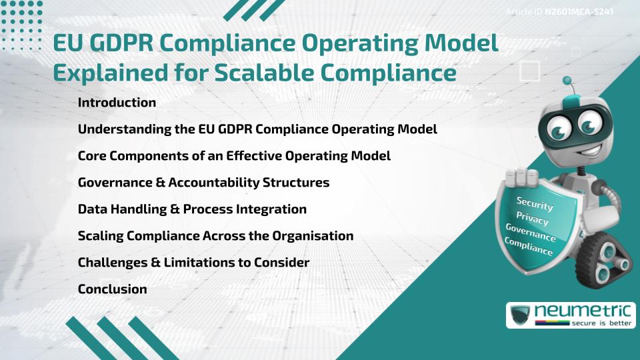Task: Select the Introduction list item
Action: tap(117, 103)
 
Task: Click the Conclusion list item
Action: tap(112, 289)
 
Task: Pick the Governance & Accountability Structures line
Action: tap(203, 183)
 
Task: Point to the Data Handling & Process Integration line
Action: tap(192, 209)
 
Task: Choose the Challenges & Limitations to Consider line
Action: tap(193, 263)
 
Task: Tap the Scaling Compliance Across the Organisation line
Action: tap(215, 236)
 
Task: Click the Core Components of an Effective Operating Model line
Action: tap(234, 156)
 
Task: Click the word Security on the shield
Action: tap(535, 204)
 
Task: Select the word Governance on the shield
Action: tap(531, 233)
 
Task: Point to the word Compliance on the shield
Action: tap(529, 247)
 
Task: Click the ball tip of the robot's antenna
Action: tap(567, 81)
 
